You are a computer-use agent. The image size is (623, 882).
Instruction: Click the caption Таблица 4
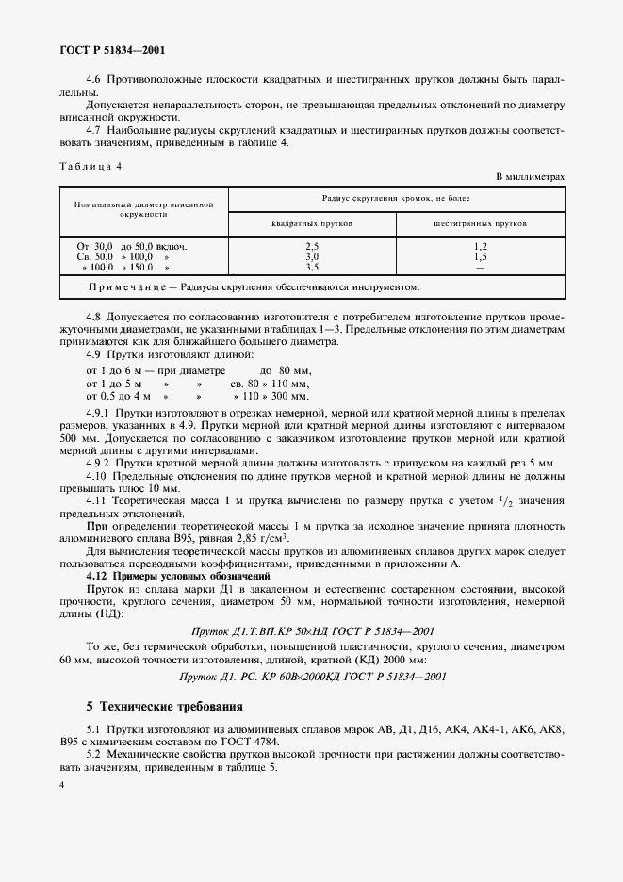pyautogui.click(x=90, y=165)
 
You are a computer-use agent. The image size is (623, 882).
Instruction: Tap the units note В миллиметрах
pyautogui.click(x=530, y=177)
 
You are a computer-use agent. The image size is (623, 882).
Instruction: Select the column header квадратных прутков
pyautogui.click(x=312, y=224)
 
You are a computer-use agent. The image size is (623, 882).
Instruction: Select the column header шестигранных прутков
pyautogui.click(x=480, y=224)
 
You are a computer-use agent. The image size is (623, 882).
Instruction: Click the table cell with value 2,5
pyautogui.click(x=312, y=246)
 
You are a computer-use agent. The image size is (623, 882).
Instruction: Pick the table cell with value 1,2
pyautogui.click(x=480, y=246)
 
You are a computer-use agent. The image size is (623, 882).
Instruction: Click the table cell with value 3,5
pyautogui.click(x=312, y=267)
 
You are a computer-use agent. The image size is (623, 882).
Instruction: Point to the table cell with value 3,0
pyautogui.click(x=312, y=256)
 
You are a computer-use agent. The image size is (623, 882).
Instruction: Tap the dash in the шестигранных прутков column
pyautogui.click(x=480, y=267)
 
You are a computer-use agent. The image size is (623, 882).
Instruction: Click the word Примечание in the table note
pyautogui.click(x=125, y=287)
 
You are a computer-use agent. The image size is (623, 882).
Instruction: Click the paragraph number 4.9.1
pyautogui.click(x=98, y=413)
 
